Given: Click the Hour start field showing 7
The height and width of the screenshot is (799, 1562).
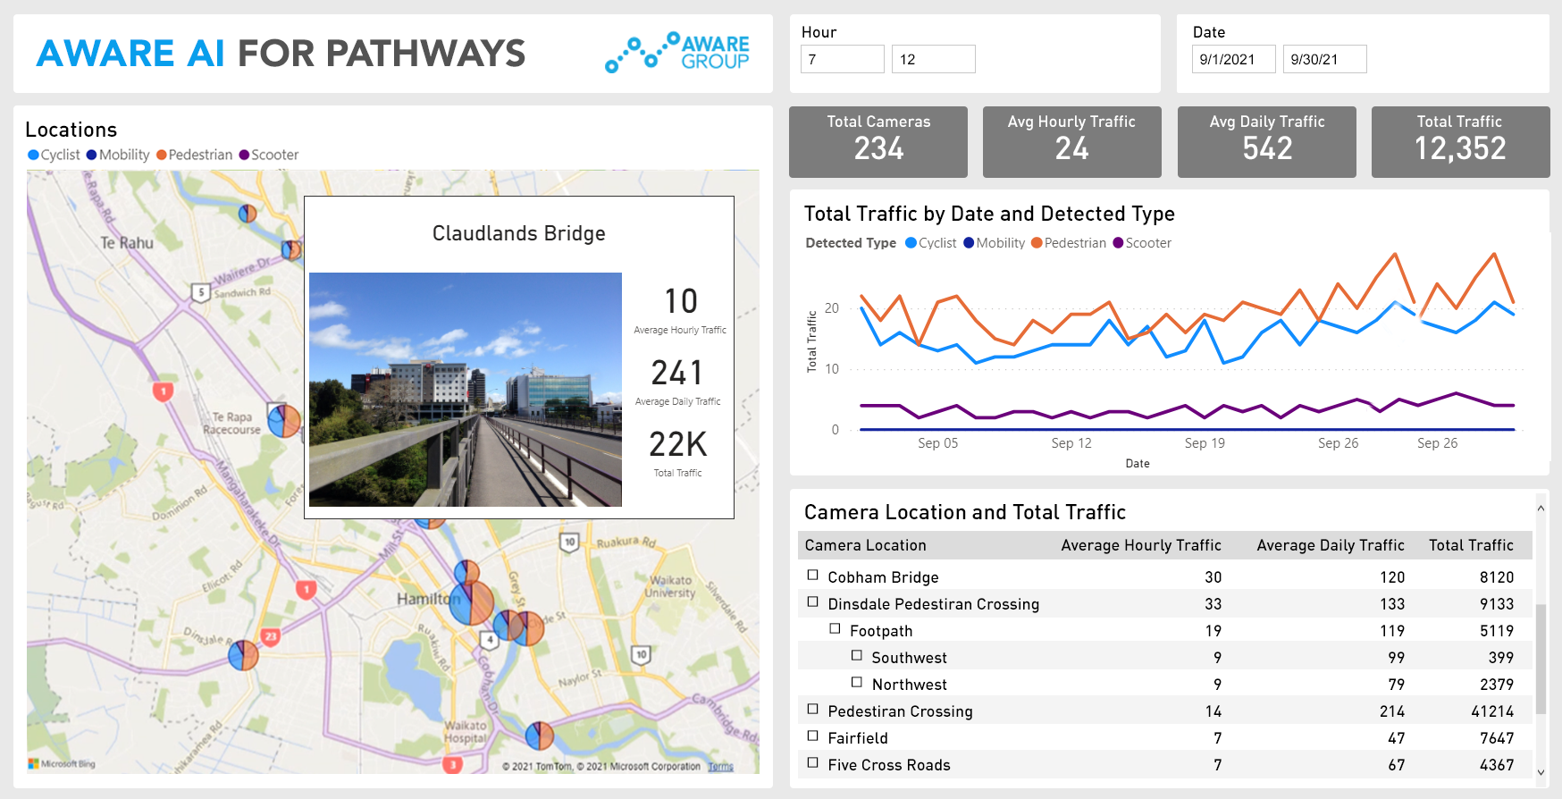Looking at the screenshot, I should coord(842,59).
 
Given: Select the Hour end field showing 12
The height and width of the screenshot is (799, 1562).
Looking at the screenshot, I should coord(932,59).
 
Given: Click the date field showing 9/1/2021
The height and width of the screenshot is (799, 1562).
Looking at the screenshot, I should coord(1232,59).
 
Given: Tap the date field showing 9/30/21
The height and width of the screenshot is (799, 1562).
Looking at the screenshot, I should coord(1323,59).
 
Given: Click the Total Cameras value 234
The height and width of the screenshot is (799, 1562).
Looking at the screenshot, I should coord(878,148).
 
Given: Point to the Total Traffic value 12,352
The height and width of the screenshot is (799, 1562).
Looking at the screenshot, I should coord(1459,148).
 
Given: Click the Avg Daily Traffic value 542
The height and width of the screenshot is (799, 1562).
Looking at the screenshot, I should coord(1266,148).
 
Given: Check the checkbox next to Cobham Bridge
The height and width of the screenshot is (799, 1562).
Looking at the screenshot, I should coord(813,576).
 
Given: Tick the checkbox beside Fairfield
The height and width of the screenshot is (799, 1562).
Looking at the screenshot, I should coord(813,736).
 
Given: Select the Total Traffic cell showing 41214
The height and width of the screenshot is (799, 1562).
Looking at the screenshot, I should coord(1491,711).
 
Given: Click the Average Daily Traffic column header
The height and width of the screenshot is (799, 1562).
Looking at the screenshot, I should coord(1330,545).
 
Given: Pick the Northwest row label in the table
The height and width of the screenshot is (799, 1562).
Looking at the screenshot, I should coord(909,685).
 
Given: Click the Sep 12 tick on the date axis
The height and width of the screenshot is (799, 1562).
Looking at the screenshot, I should coord(1071,443).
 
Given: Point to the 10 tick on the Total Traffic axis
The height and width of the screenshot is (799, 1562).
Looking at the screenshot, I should coord(832,369).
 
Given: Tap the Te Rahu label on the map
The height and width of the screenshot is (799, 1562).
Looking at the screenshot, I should coord(127,243).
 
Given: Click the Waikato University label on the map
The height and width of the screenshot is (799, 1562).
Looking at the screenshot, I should coord(670,586).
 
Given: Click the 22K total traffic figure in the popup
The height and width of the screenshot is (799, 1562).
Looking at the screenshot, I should coord(677,444).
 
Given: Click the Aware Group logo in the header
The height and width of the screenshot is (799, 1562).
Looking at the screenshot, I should coord(677,53).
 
